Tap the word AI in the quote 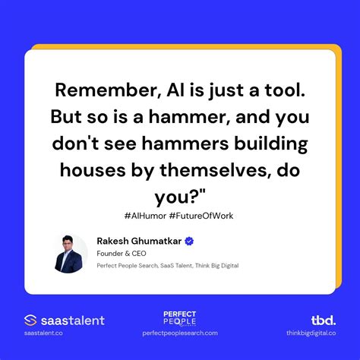[x=172, y=91]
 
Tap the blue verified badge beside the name [x=189, y=241]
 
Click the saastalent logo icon [x=31, y=321]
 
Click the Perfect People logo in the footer [x=180, y=318]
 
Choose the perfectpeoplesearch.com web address [x=180, y=333]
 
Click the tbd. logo [x=323, y=320]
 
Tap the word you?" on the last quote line [x=179, y=197]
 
